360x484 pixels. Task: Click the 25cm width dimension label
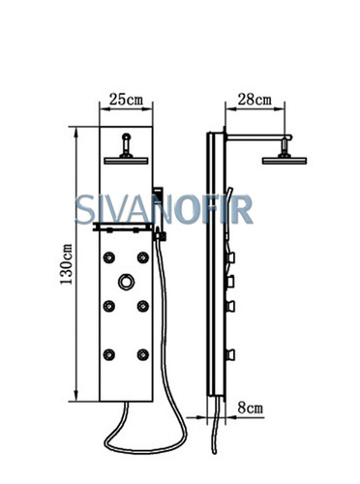(x=126, y=100)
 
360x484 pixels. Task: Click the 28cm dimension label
(x=255, y=100)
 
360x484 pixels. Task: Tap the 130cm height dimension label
(x=67, y=264)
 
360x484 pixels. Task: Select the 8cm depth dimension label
(x=251, y=408)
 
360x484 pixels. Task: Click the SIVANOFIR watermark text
(x=164, y=210)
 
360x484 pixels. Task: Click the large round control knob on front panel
(x=126, y=282)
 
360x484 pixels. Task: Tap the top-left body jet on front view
(x=109, y=257)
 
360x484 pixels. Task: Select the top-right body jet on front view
(x=143, y=257)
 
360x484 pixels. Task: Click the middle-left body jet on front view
(x=109, y=306)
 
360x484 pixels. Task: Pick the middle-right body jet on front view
(x=143, y=306)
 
